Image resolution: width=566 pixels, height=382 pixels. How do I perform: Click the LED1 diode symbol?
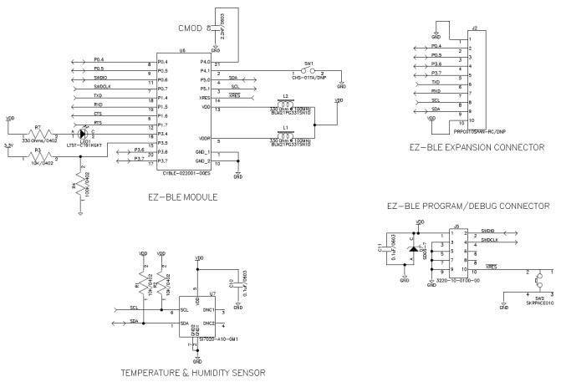tap(82, 133)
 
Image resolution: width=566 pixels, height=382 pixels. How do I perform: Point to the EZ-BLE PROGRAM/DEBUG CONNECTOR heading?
tap(468, 205)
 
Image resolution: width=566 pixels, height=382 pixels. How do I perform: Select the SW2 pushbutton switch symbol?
tap(539, 280)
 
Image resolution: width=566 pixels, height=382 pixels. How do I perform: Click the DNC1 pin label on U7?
tap(210, 310)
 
